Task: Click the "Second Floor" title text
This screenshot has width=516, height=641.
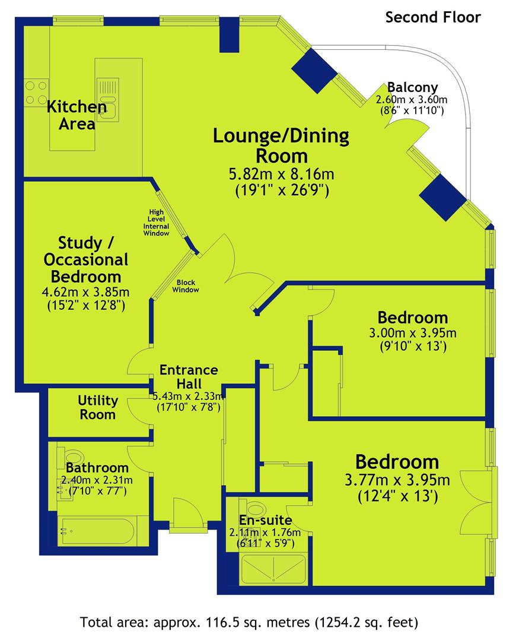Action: point(433,18)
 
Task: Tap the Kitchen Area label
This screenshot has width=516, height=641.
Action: point(77,115)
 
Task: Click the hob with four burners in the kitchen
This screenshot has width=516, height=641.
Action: point(36,93)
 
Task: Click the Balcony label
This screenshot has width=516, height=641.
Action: point(412,87)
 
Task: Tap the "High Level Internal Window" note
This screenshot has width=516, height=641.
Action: point(156,223)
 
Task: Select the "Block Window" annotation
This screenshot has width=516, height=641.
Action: point(186,286)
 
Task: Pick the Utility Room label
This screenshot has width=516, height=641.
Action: point(97,407)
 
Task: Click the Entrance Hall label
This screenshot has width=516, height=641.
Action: point(189,376)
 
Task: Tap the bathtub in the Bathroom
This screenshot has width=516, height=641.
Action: point(98,531)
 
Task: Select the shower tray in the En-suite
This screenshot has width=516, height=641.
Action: point(273,569)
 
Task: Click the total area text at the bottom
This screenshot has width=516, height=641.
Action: point(249,622)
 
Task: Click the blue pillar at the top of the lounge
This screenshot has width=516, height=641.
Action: point(229,35)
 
